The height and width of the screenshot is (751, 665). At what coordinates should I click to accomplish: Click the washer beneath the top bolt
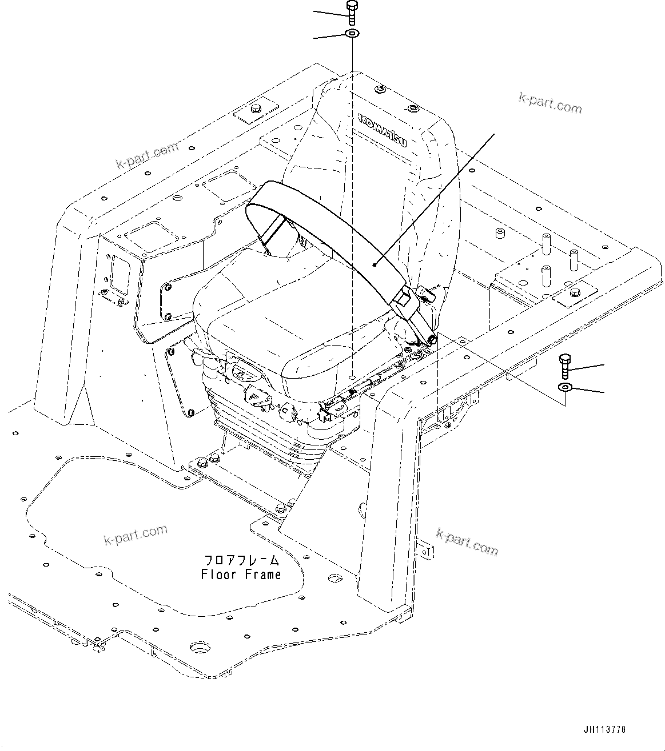(x=352, y=34)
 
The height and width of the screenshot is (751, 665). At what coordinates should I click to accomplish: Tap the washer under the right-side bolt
(x=565, y=388)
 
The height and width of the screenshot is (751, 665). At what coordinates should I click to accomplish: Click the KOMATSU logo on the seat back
(x=382, y=130)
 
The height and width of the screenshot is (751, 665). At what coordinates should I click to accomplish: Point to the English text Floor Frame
(x=241, y=574)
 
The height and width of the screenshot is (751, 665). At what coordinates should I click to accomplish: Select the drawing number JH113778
(x=604, y=729)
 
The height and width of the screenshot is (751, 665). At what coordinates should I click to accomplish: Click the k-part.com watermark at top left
(x=147, y=156)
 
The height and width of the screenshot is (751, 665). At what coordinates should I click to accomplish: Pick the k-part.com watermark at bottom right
(x=467, y=541)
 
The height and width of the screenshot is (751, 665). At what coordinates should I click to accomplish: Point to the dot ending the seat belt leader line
(x=373, y=264)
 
